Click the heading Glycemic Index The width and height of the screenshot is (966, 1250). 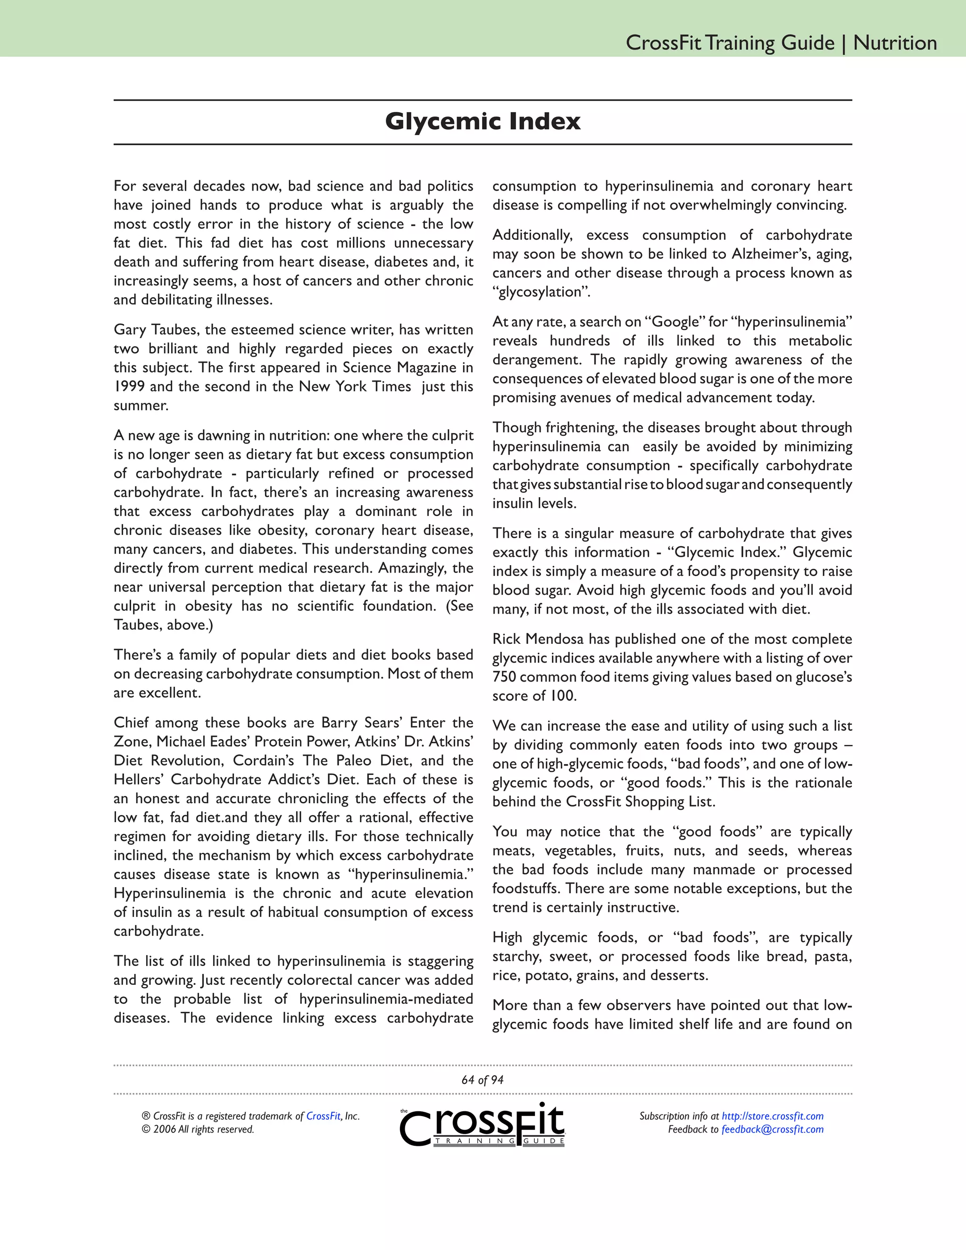coord(483,121)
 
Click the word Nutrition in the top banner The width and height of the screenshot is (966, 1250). coord(894,43)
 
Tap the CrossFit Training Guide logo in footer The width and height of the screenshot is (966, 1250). coord(483,1125)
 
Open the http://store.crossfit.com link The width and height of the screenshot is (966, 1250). coord(773,1116)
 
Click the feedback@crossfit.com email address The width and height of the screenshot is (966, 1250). coord(773,1129)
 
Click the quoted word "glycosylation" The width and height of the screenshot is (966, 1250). coord(541,292)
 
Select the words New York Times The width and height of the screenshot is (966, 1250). coord(355,386)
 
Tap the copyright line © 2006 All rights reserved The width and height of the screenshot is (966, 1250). coord(198,1129)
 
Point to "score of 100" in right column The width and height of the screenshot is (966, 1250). coord(534,696)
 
